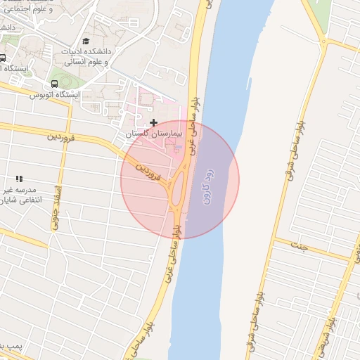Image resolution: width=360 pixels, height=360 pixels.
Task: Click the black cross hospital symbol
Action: (x=154, y=122)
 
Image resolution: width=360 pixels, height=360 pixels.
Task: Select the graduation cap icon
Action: (x=86, y=41)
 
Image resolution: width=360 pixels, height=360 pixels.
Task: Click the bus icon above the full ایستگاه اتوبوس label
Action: (x=55, y=84)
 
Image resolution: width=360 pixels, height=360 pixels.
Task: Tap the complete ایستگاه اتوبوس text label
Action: (x=54, y=95)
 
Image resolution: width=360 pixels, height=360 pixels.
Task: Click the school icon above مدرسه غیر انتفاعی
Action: (x=19, y=179)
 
